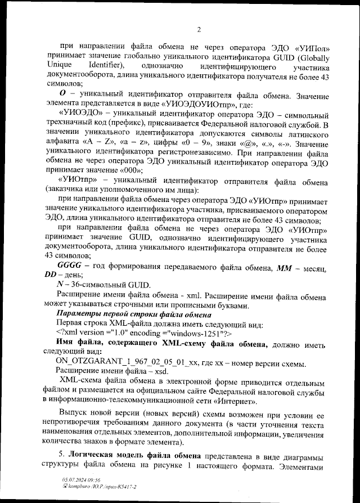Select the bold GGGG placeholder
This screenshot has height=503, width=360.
click(x=70, y=265)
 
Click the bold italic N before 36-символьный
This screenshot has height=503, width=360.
click(x=61, y=285)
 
